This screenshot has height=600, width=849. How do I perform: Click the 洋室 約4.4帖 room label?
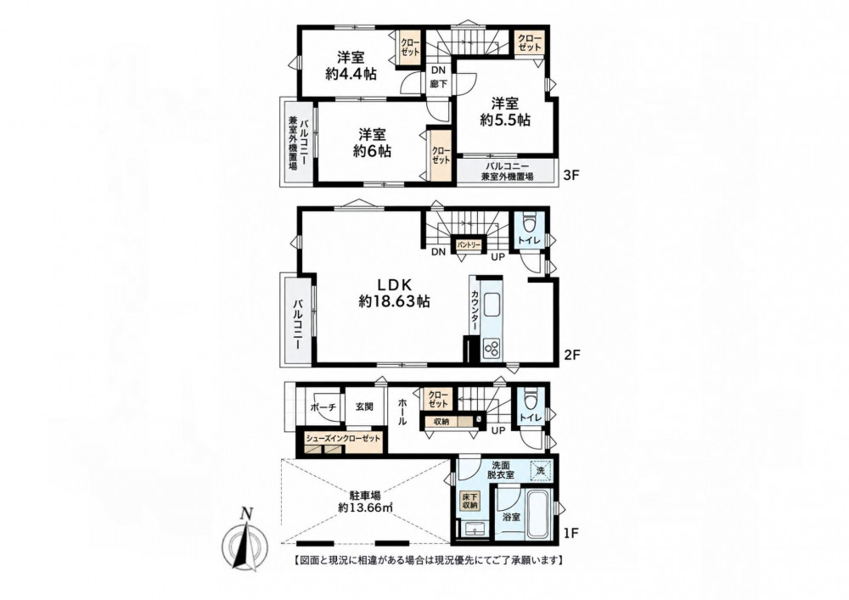[x=351, y=65]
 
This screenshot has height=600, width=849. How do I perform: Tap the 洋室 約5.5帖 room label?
[x=504, y=111]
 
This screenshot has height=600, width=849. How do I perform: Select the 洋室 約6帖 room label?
[x=372, y=143]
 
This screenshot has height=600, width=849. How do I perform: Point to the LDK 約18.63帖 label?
[x=394, y=293]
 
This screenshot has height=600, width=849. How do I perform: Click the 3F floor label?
[x=571, y=176]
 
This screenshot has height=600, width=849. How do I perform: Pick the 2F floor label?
[x=571, y=356]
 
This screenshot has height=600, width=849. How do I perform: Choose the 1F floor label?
[x=571, y=533]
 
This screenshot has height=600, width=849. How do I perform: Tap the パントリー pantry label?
[x=469, y=245]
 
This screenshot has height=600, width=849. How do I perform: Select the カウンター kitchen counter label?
[x=475, y=311]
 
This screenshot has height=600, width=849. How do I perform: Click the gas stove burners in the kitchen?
[x=492, y=347]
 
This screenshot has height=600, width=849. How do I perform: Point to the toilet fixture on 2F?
[x=528, y=223]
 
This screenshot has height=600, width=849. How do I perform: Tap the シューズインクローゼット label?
[x=343, y=439]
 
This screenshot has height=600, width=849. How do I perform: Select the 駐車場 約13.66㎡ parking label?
[x=365, y=501]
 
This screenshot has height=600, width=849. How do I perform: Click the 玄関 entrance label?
[x=364, y=407]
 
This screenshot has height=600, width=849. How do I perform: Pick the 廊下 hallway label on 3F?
[x=439, y=84]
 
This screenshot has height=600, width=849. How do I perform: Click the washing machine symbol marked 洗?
[x=541, y=470]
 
